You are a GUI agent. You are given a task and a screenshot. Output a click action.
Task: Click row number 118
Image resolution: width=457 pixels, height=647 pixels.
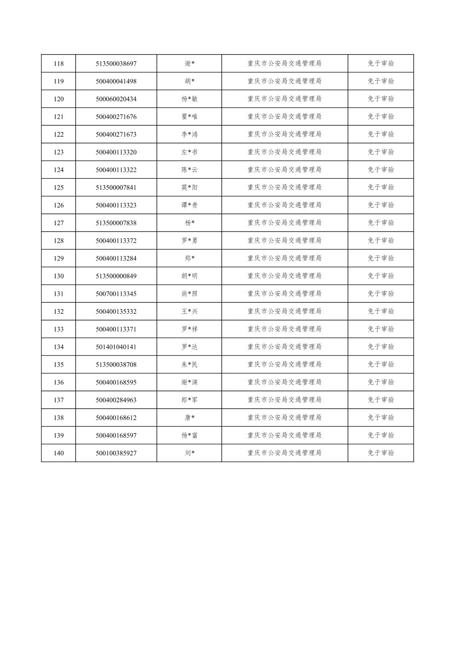click(59, 64)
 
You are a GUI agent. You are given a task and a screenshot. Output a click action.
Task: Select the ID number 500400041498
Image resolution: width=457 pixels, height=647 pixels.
click(116, 81)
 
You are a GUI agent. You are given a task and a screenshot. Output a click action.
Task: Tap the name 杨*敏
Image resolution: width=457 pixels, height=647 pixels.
click(189, 99)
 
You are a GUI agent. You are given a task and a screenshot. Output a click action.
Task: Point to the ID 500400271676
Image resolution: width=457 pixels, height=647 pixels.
click(116, 117)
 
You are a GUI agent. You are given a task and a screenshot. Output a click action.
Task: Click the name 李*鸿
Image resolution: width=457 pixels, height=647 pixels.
click(189, 135)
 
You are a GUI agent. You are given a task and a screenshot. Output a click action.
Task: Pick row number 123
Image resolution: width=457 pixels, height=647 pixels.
click(59, 152)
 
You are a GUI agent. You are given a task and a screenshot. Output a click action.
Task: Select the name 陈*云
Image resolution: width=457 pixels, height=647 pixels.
click(189, 170)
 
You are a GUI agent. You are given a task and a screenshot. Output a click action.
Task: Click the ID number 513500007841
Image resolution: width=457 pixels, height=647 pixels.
click(116, 188)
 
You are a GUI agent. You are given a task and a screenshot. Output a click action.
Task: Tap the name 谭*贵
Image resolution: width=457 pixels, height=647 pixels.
click(189, 205)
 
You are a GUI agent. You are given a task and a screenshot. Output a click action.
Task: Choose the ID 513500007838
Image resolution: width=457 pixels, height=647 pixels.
click(116, 223)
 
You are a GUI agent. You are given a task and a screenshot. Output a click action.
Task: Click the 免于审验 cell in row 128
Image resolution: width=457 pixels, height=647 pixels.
click(381, 240)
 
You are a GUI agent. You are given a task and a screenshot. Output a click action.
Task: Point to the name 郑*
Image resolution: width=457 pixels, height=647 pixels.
click(189, 258)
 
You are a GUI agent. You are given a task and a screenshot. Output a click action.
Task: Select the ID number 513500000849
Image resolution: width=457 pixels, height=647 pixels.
click(116, 276)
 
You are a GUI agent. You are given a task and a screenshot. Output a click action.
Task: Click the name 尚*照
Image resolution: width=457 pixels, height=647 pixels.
click(189, 294)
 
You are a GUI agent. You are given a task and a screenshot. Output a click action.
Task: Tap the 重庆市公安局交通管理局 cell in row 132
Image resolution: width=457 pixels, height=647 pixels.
click(284, 312)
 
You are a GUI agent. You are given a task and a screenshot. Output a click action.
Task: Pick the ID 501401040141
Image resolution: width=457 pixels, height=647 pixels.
click(116, 347)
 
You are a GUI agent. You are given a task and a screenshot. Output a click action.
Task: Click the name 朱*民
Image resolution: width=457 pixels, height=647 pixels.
click(189, 365)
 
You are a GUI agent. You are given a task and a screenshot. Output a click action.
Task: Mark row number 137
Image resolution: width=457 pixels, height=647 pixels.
click(59, 400)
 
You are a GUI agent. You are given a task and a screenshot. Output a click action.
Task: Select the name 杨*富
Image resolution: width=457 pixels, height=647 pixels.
click(189, 435)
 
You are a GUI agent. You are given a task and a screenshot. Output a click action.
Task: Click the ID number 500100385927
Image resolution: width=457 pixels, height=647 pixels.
click(116, 453)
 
